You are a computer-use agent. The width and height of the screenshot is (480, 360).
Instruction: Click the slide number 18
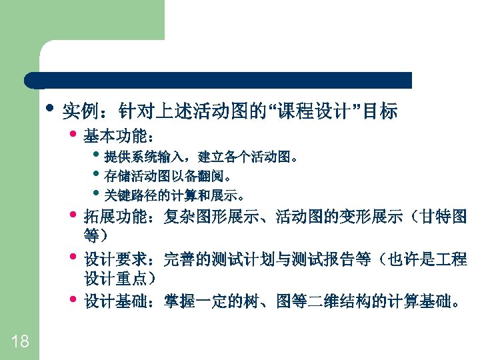tap(20, 342)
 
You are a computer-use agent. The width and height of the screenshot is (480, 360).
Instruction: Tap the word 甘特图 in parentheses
tap(446, 217)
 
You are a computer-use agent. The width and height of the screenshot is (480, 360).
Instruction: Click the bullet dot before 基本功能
tap(73, 134)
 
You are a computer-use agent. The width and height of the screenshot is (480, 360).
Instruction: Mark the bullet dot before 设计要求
tap(73, 257)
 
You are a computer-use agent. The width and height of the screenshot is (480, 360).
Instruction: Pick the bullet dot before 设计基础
tap(73, 299)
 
